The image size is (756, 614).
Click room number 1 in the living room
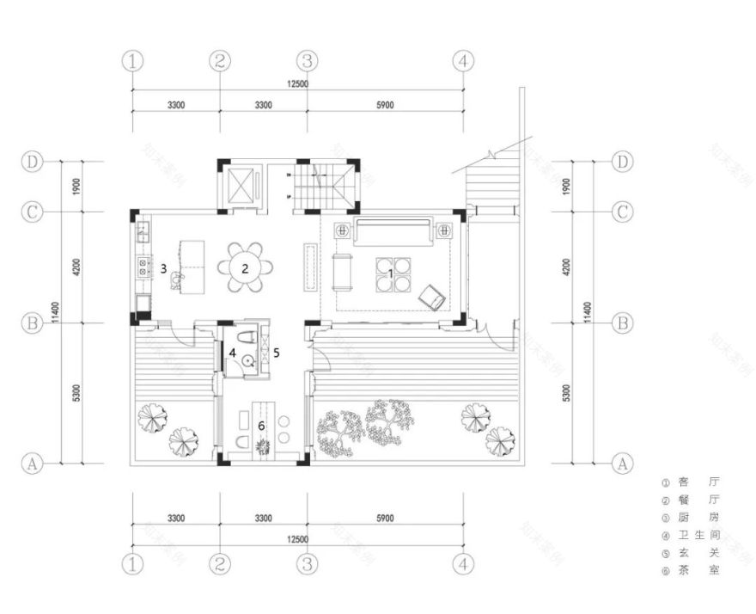point(391,272)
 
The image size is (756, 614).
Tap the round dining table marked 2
point(245,267)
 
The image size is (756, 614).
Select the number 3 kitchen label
point(163,269)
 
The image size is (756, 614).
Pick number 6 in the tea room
point(262,423)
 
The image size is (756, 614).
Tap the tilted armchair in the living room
point(431,298)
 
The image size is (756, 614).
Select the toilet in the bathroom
point(247,333)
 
